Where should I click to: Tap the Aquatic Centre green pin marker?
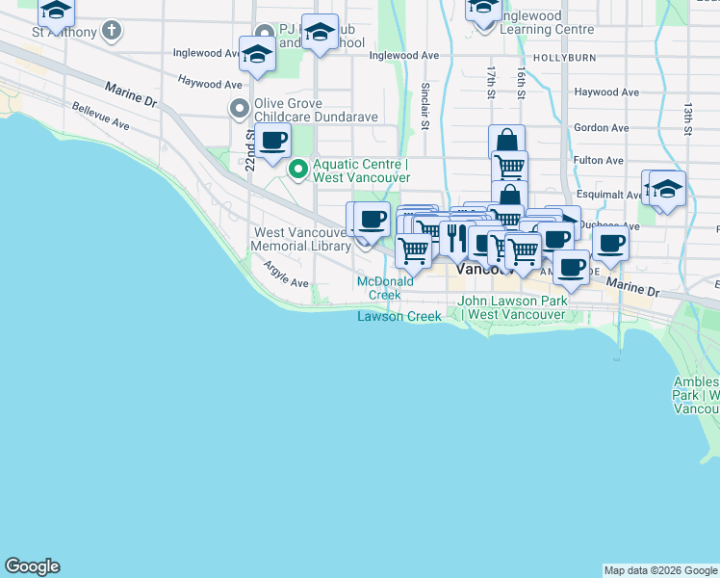point(298,171)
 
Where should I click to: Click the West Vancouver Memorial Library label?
point(301,240)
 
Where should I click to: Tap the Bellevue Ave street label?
point(101,117)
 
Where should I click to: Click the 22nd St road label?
point(249,152)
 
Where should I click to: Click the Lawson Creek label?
point(399,316)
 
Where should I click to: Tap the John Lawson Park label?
point(512,307)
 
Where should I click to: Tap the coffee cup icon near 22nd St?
point(273,140)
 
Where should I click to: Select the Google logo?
point(32,566)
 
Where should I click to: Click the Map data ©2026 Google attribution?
point(661,570)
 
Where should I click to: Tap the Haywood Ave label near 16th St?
point(606,92)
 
